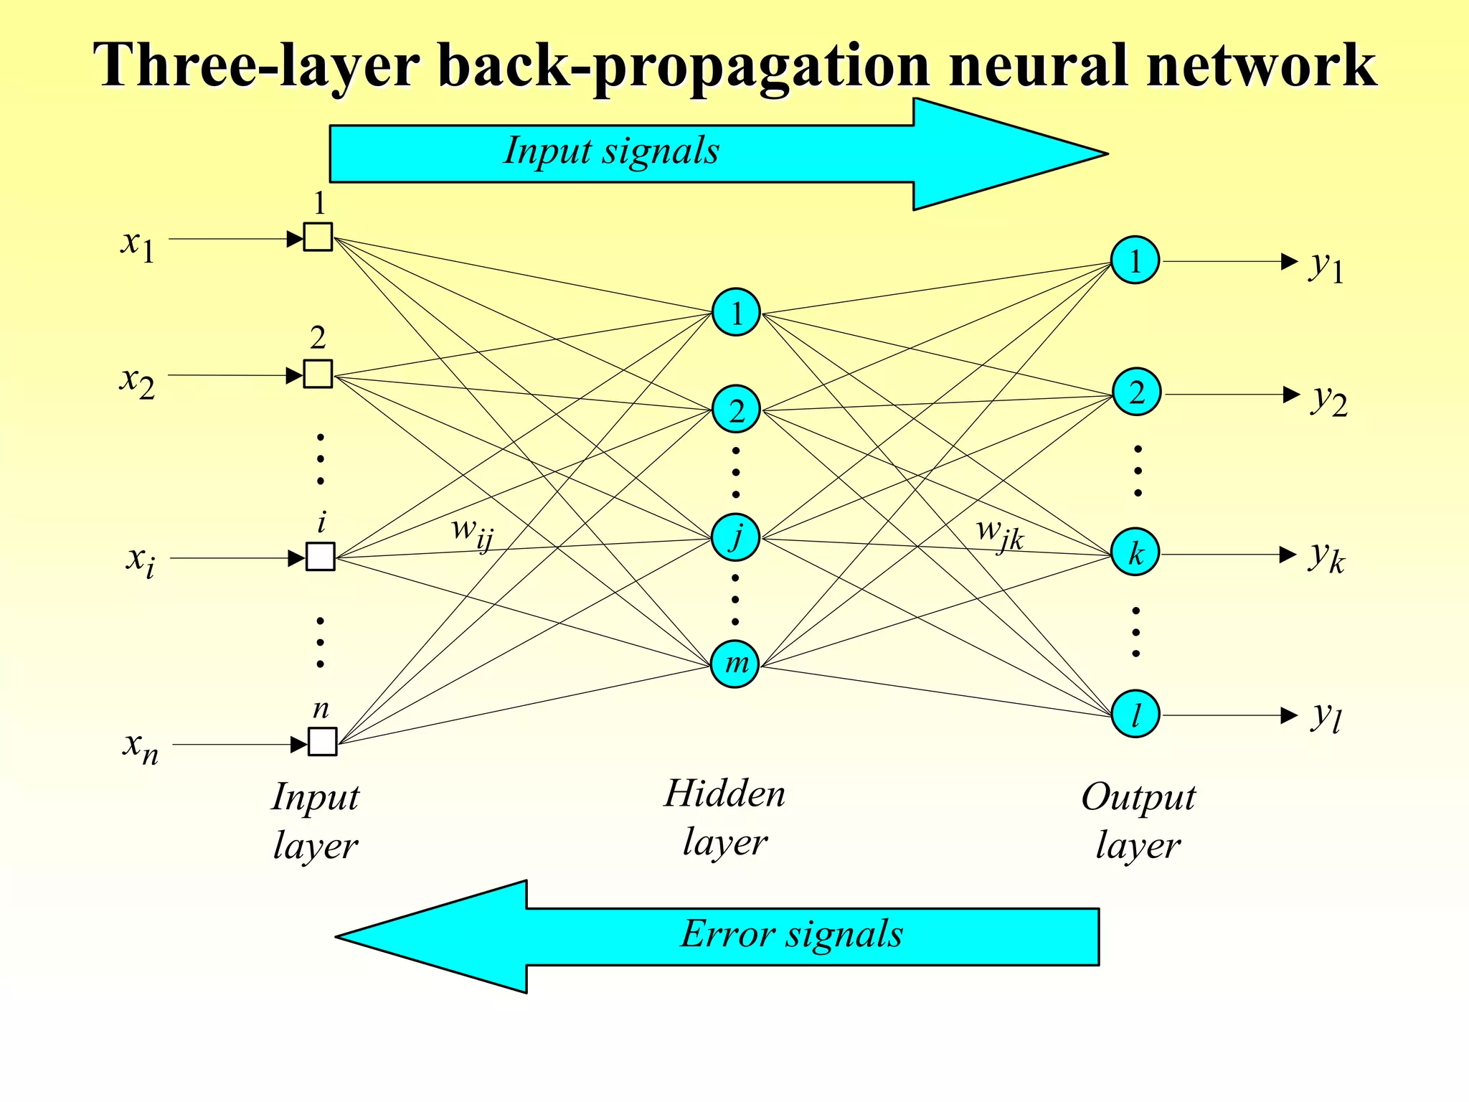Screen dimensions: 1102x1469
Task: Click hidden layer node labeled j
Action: click(x=735, y=537)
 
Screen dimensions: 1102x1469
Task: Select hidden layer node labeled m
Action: click(x=735, y=664)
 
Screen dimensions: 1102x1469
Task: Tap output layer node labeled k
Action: click(x=1135, y=553)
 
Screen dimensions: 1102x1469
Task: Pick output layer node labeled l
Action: click(x=1135, y=714)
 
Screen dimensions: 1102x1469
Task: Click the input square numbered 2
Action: click(x=318, y=374)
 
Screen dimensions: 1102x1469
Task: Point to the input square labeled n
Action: click(x=322, y=742)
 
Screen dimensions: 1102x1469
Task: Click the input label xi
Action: click(x=140, y=560)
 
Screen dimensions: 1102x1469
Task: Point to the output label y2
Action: click(x=1329, y=399)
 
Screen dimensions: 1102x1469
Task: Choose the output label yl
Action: click(x=1326, y=716)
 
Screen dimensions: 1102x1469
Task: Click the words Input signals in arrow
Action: click(x=610, y=151)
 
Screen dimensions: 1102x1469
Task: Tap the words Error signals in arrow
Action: click(x=791, y=934)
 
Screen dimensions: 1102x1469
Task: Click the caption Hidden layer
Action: click(x=724, y=817)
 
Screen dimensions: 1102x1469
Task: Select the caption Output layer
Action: click(x=1138, y=820)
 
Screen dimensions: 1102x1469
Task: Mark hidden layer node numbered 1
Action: click(x=736, y=312)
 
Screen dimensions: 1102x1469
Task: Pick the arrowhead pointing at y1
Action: click(x=1289, y=261)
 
